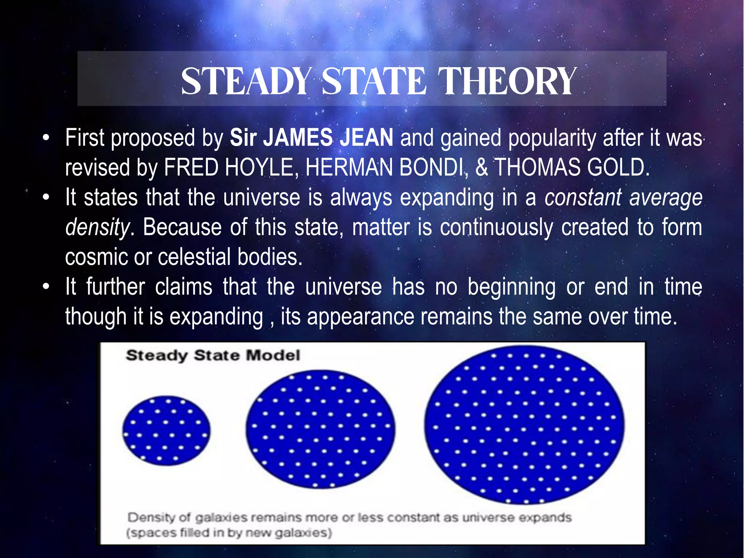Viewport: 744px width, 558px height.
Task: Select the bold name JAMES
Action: point(298,138)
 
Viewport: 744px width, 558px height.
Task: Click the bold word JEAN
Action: point(366,138)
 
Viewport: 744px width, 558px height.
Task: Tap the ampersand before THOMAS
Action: point(482,167)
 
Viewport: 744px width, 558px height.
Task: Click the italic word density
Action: point(97,228)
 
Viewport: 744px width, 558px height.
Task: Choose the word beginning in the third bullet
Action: point(511,287)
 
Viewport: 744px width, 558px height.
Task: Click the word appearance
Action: point(360,316)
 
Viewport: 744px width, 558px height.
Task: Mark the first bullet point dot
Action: point(46,138)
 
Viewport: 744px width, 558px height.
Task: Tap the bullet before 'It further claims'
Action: point(46,287)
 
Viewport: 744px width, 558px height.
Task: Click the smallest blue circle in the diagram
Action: point(166,430)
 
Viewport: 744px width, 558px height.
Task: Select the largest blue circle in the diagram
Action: point(524,425)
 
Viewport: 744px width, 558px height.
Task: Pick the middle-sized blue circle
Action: point(320,429)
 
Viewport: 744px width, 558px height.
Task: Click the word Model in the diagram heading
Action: point(273,355)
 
